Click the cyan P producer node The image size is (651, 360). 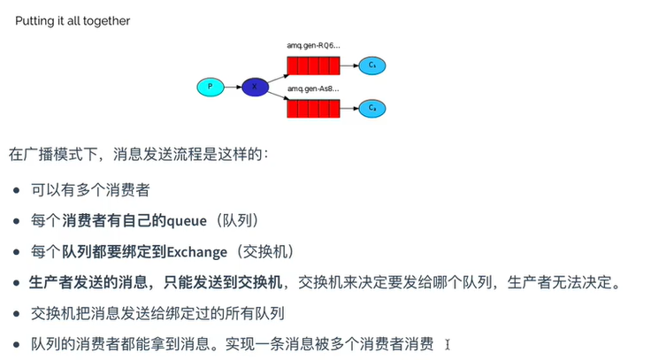[x=210, y=87]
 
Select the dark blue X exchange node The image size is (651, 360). [x=255, y=87]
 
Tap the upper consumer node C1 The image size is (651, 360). [x=372, y=65]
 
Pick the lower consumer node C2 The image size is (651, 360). [x=372, y=108]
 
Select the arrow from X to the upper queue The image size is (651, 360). [x=277, y=75]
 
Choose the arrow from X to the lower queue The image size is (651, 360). [x=277, y=98]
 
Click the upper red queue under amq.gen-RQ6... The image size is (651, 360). [x=313, y=65]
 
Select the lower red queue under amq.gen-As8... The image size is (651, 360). [x=313, y=109]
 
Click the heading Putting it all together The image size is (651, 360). [x=73, y=20]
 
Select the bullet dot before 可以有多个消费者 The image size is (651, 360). [x=19, y=190]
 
